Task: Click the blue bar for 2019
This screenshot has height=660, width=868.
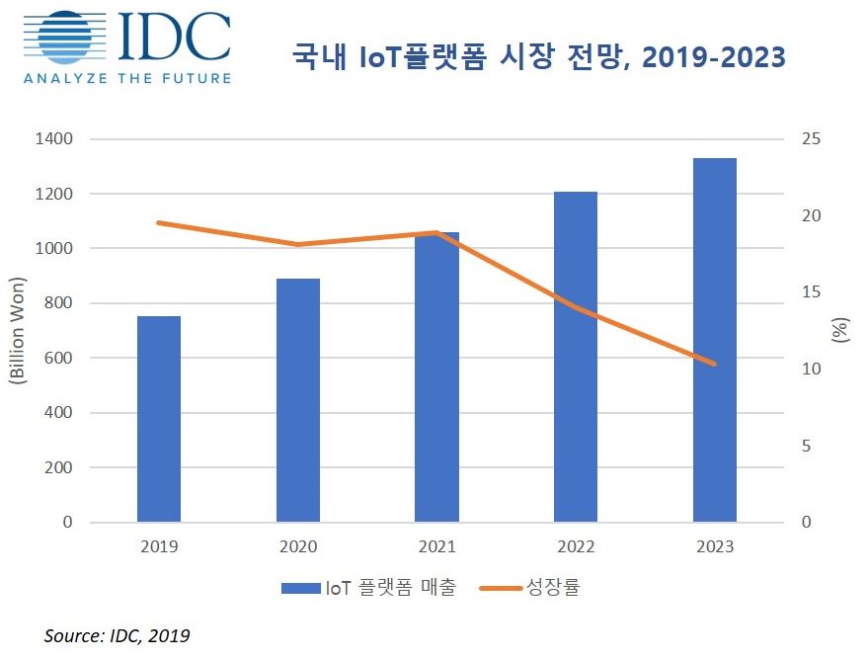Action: pyautogui.click(x=158, y=419)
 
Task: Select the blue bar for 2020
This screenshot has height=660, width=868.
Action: pyautogui.click(x=297, y=400)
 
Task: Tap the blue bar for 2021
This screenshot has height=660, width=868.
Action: pyautogui.click(x=436, y=376)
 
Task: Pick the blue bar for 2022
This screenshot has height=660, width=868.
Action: pyautogui.click(x=575, y=357)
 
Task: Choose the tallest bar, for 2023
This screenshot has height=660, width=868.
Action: pyautogui.click(x=714, y=340)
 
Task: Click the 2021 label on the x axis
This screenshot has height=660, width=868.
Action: pyautogui.click(x=436, y=546)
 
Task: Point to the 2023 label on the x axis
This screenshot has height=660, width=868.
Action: pyautogui.click(x=714, y=546)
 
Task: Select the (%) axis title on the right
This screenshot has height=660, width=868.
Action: pyautogui.click(x=840, y=330)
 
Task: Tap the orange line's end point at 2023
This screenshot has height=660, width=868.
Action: pyautogui.click(x=714, y=364)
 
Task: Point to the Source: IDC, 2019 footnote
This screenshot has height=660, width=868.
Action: pyautogui.click(x=117, y=636)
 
